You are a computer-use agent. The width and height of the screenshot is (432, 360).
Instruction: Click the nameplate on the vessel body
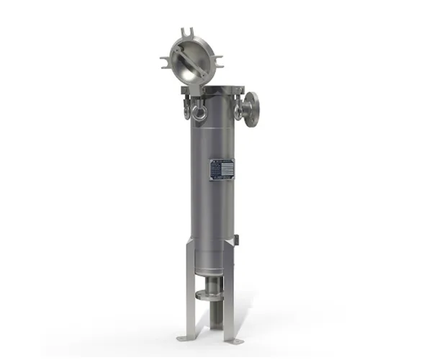tap(222, 169)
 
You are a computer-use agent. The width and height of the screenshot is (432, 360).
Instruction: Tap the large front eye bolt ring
tap(199, 112)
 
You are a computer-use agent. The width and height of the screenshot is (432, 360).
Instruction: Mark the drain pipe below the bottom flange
tap(212, 317)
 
